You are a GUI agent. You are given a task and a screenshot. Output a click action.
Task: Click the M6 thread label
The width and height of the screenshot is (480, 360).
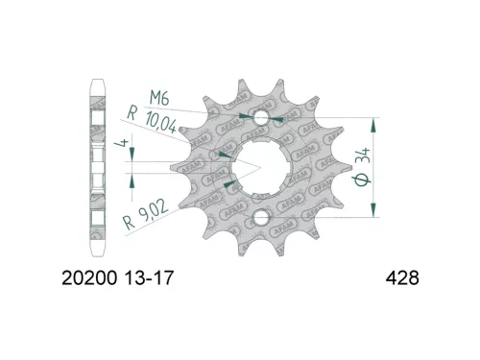[x=159, y=96]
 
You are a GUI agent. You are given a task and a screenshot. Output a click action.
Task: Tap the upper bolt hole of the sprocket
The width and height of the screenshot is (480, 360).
[x=259, y=118]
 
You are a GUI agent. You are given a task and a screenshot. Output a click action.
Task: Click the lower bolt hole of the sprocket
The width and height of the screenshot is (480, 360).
[x=259, y=219]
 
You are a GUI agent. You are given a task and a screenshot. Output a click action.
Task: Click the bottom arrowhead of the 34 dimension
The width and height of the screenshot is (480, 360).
[x=374, y=215]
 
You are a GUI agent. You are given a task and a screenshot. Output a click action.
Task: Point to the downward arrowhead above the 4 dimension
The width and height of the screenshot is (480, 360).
[x=132, y=157]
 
